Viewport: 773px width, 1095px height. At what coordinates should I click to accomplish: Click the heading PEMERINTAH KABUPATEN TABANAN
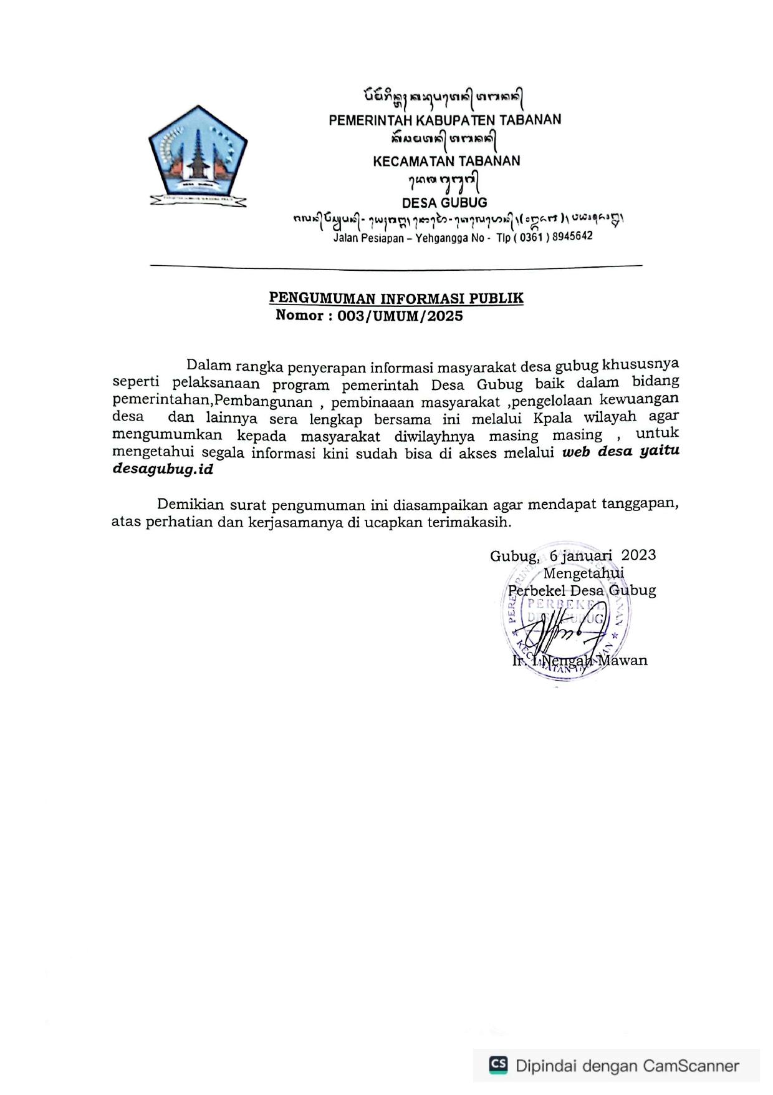(444, 119)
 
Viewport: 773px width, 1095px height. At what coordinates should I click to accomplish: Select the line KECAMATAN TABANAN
(446, 161)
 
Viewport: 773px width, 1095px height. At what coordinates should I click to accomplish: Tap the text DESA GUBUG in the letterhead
(444, 203)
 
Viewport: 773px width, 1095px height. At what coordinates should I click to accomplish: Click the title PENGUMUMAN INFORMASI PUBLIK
(396, 298)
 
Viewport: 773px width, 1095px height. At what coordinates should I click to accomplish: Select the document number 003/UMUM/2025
(400, 316)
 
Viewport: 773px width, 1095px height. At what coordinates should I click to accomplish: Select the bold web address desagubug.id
(163, 469)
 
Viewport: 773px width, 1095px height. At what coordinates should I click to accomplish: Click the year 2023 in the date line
(638, 555)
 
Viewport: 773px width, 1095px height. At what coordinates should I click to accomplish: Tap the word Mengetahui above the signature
(583, 573)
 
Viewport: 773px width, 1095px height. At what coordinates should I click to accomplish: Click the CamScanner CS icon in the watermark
(497, 1064)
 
